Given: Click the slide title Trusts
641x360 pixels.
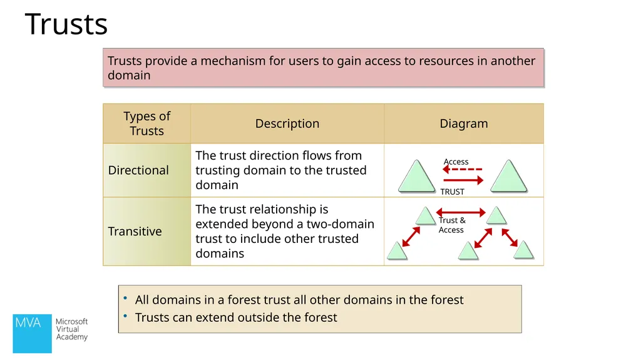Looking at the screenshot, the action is pos(66,24).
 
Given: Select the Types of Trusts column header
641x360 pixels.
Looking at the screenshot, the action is pos(146,123).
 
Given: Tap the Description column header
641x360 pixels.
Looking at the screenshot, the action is pos(287,123).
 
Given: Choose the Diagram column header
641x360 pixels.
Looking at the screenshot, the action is pos(464,123).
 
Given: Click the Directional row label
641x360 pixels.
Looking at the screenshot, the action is pos(138,170).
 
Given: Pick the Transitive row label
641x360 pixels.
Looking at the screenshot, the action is pos(135,232).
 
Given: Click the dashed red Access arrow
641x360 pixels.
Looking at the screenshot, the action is pos(463,170).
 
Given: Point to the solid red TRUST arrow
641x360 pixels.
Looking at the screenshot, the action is pos(463,180).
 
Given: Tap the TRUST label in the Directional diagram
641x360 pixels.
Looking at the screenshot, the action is pos(452,192).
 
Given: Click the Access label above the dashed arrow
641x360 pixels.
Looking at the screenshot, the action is pos(456,162).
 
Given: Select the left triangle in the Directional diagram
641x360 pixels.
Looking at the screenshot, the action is pos(416,176).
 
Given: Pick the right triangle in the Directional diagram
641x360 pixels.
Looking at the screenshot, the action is pos(508,176).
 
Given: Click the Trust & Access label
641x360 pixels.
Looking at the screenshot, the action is pos(452,225).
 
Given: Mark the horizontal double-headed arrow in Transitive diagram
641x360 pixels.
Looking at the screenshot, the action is pos(461,212).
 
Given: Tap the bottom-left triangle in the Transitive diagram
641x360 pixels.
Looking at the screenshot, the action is pos(397,250).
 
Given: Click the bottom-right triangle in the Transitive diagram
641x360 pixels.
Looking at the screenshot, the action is pos(523,250).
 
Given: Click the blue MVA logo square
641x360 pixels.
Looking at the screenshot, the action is pos(33,334).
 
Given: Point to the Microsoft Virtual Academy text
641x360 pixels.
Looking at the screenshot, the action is pos(72,329).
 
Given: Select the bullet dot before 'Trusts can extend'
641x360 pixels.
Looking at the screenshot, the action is pos(125,316).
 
